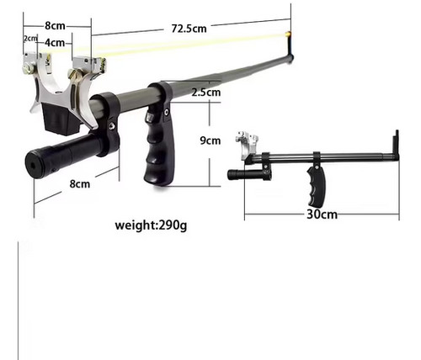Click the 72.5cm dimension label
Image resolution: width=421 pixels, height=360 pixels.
point(189,29)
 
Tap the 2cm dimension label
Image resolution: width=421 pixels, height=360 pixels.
point(30,38)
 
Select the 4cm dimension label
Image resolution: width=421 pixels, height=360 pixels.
point(55,43)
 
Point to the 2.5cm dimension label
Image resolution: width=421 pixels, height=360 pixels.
point(206,93)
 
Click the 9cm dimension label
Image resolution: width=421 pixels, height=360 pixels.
point(210,140)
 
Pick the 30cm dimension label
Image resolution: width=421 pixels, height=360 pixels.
point(322,214)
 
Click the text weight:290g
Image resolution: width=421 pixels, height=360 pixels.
point(151,225)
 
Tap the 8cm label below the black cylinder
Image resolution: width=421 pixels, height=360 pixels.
point(80,184)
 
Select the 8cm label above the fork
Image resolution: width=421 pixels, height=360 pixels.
point(55,26)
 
